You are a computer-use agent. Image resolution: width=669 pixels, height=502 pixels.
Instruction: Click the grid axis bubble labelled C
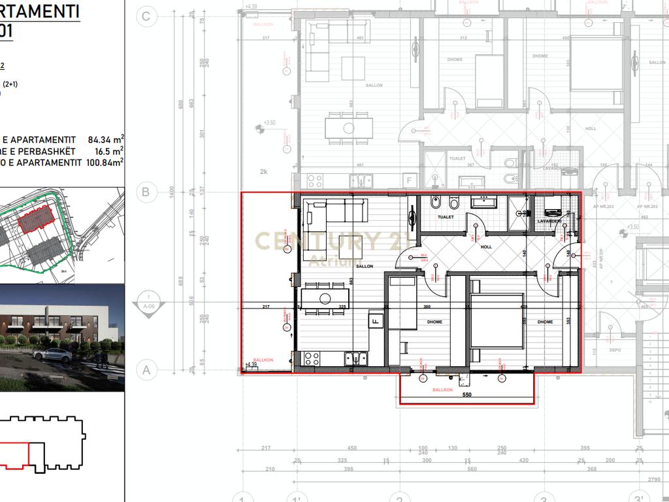click(x=146, y=17)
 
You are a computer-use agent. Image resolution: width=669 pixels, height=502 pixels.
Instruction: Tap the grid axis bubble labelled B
click(x=146, y=192)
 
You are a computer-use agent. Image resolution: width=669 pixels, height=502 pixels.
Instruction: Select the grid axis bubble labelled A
click(x=146, y=370)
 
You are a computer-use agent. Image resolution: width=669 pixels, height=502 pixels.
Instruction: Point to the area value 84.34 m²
click(x=105, y=140)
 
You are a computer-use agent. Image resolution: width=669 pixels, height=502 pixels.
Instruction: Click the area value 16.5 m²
click(x=110, y=150)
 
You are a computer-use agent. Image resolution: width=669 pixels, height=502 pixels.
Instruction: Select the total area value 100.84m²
click(x=105, y=161)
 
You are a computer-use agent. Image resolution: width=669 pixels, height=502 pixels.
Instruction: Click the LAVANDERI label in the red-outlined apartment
click(x=549, y=222)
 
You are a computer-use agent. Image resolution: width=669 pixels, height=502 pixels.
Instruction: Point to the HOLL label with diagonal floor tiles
click(x=486, y=247)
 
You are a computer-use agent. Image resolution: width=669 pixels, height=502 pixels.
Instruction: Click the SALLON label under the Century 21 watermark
click(x=364, y=267)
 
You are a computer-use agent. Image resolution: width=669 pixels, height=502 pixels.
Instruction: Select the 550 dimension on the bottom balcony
click(x=466, y=395)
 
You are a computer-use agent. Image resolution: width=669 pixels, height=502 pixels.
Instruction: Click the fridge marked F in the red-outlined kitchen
click(x=376, y=320)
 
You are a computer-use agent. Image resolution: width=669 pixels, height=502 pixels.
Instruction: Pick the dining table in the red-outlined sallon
click(x=325, y=299)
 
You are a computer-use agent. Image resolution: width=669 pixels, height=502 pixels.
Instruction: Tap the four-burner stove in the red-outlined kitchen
click(x=311, y=358)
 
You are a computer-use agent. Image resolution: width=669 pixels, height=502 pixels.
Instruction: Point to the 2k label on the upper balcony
click(x=263, y=171)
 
